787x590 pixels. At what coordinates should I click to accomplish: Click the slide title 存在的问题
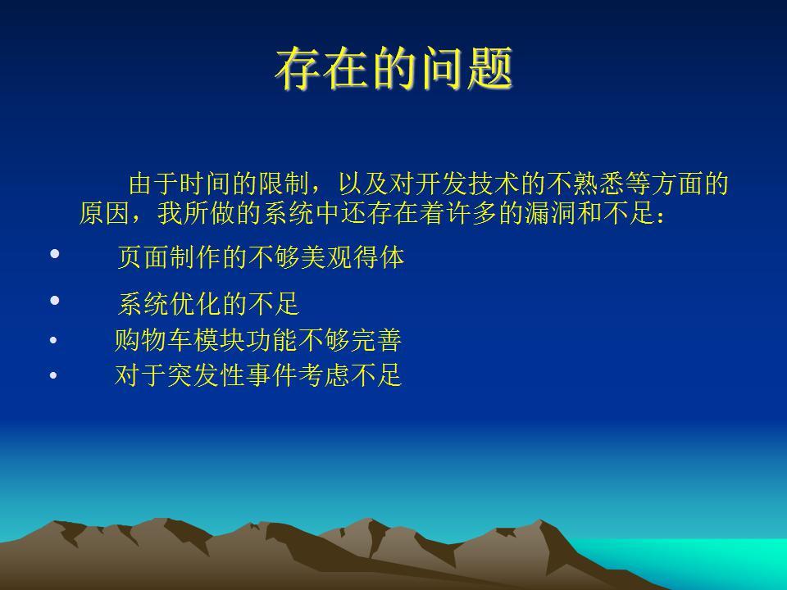394,68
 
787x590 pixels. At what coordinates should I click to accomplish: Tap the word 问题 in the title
466,68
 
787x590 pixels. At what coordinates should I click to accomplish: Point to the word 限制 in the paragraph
284,184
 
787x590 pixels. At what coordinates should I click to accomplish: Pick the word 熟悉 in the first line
598,184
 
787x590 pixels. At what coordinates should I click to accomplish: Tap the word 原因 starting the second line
105,213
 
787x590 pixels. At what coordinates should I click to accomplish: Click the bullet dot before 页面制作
55,254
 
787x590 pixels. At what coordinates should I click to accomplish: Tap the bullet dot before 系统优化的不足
55,301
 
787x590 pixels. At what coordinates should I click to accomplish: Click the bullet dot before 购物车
53,341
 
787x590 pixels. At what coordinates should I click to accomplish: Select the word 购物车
153,340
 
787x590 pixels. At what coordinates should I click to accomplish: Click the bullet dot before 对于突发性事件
53,375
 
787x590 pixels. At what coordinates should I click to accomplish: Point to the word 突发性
206,374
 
